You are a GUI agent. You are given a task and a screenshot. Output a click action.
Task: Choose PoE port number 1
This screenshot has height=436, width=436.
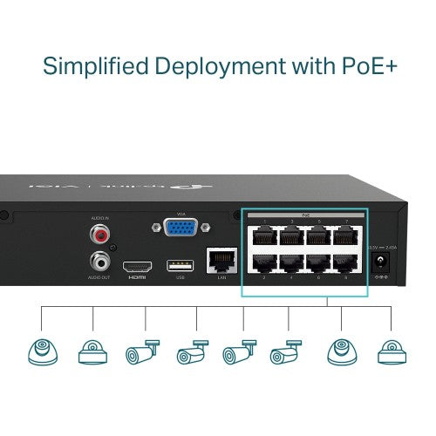(x=262, y=235)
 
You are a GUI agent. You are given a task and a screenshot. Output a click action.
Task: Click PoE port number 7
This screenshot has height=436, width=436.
(x=348, y=235)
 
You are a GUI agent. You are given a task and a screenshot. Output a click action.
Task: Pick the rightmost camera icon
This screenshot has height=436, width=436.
(x=392, y=351)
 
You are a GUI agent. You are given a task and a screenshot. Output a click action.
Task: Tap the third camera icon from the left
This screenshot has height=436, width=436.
(x=144, y=351)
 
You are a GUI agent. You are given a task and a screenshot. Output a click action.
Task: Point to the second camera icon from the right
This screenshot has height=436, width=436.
(x=341, y=351)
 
